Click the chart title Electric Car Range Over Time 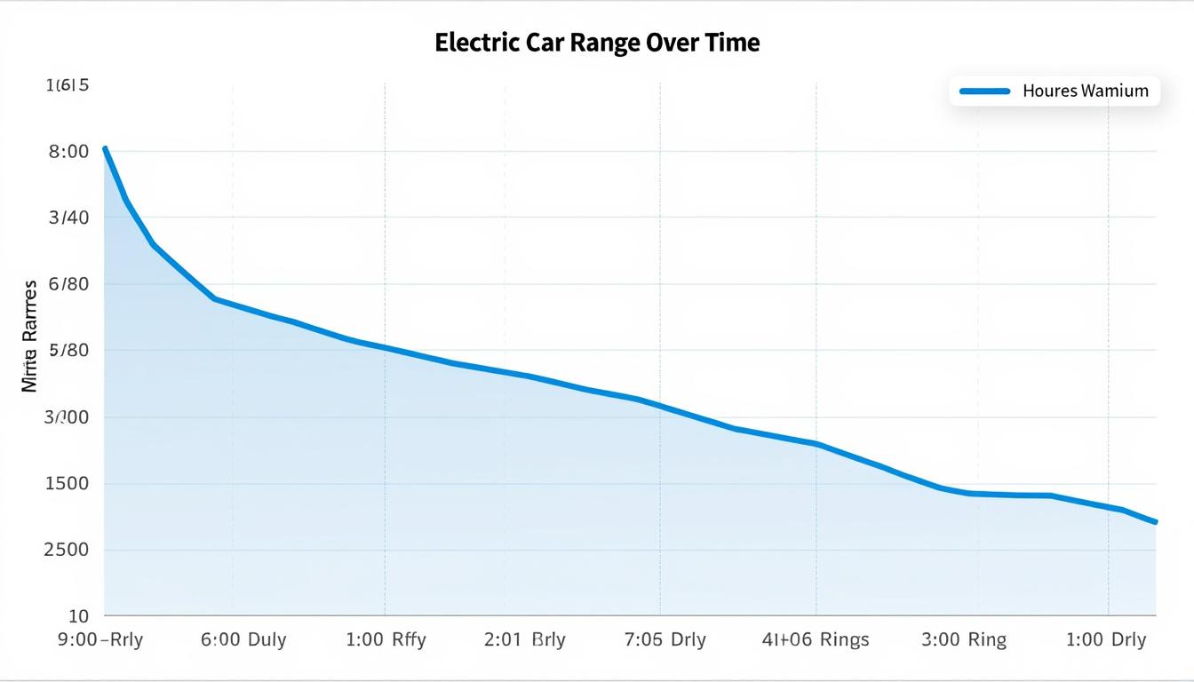[x=597, y=43]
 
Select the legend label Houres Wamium [x=1085, y=91]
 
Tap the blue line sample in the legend [x=984, y=91]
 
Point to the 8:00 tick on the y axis [x=68, y=152]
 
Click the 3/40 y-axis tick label [x=68, y=218]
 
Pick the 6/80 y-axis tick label [x=68, y=284]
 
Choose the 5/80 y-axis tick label [x=68, y=351]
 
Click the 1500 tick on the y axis [x=68, y=484]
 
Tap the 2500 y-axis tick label [x=68, y=550]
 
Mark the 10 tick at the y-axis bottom [x=79, y=615]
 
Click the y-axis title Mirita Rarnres [x=29, y=337]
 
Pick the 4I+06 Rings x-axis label [x=816, y=640]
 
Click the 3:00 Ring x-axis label [x=964, y=640]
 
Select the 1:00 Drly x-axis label [x=1105, y=640]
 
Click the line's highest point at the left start [x=105, y=148]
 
